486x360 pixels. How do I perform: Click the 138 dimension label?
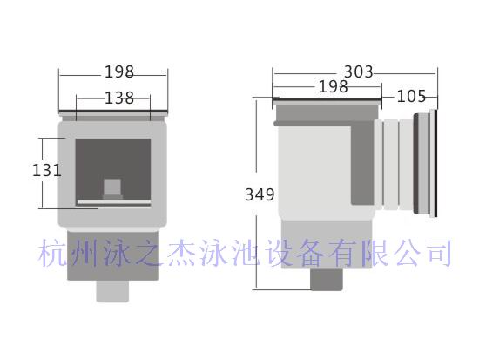pyautogui.click(x=119, y=98)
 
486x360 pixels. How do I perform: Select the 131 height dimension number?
pyautogui.click(x=47, y=170)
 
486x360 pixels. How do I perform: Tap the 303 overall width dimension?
pyautogui.click(x=358, y=72)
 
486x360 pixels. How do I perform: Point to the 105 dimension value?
pyautogui.click(x=411, y=96)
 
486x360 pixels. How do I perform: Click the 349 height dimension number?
pyautogui.click(x=260, y=194)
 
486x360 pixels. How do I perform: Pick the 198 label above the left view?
pyautogui.click(x=119, y=71)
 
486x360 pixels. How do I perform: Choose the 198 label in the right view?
pyautogui.click(x=334, y=86)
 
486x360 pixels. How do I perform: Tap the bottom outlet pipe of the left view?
pyautogui.click(x=112, y=291)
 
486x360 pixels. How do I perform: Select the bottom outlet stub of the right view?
pyautogui.click(x=327, y=280)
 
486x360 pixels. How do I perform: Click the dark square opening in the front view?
pyautogui.click(x=113, y=169)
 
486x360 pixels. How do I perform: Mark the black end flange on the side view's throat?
pyautogui.click(x=435, y=163)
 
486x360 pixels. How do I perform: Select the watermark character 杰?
pyautogui.click(x=180, y=253)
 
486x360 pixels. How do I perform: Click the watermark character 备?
pyautogui.click(x=310, y=253)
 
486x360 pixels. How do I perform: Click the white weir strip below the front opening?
pyautogui.click(x=114, y=202)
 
